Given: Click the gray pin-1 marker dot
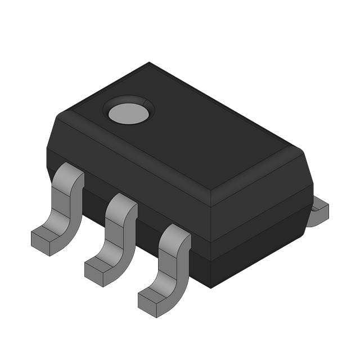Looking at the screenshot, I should (x=129, y=113).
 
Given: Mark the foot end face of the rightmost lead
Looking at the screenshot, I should (x=148, y=302).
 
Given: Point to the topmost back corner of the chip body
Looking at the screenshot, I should (x=149, y=63).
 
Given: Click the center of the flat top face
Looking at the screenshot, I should (x=180, y=132).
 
